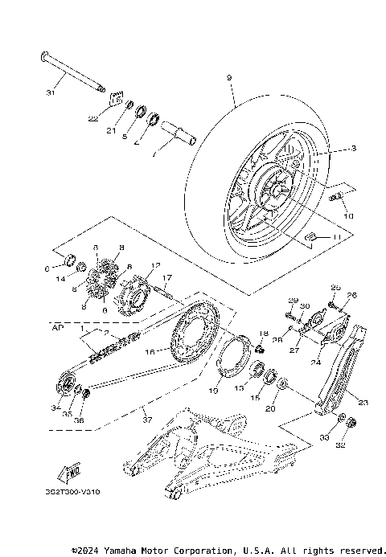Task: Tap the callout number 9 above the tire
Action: (x=230, y=77)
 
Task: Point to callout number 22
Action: (x=92, y=119)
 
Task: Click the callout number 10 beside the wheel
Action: (x=347, y=216)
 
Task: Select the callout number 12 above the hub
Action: (x=156, y=265)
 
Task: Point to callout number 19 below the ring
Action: (x=214, y=391)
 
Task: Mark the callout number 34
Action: (x=55, y=407)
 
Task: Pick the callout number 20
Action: (x=270, y=408)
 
